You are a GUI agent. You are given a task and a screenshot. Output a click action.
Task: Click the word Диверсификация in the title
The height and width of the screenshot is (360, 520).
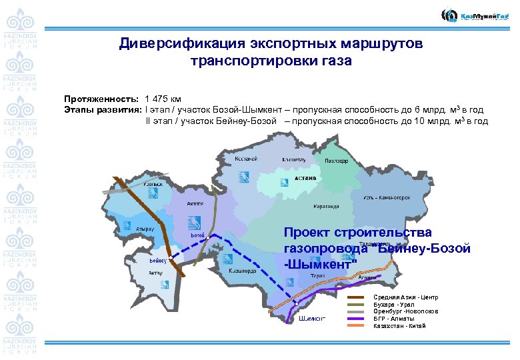tap(173, 44)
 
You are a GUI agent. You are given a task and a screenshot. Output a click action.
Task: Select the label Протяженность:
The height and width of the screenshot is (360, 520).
tap(101, 97)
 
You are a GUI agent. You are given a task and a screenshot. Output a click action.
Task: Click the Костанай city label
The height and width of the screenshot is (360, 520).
tap(247, 159)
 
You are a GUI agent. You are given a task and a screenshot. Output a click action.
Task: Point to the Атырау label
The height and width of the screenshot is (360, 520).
tap(145, 229)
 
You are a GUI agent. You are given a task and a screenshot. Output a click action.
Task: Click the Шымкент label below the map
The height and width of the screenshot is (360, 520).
tap(312, 318)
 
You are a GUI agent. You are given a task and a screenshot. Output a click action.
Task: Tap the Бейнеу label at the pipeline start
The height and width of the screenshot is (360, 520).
tap(158, 261)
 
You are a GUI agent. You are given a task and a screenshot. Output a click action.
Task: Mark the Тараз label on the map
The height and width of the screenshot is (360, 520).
tap(317, 275)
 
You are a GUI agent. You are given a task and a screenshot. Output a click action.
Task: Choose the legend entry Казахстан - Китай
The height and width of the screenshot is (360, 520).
tap(399, 326)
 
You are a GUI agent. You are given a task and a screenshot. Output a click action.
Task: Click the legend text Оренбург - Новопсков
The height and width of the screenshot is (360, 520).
tap(405, 311)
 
